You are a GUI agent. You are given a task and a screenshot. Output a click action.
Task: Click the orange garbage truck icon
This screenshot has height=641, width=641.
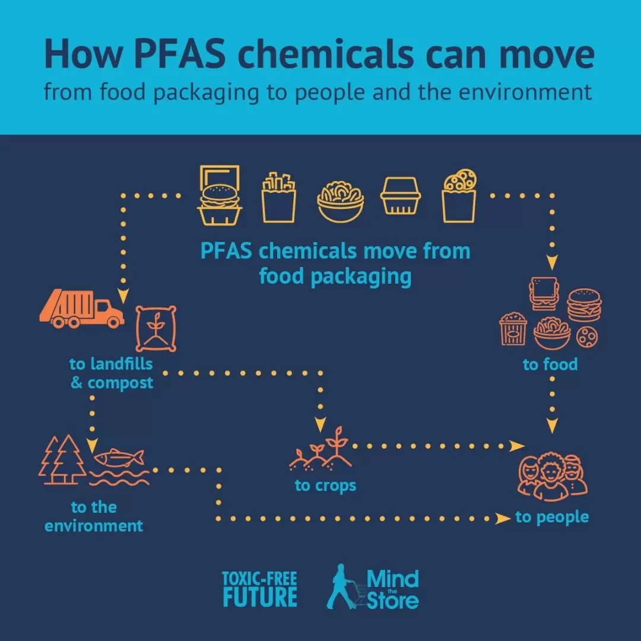click(81, 308)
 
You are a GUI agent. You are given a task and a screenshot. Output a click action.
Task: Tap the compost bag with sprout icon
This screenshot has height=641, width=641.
click(156, 328)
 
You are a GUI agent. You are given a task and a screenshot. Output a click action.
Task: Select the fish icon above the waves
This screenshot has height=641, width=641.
click(119, 458)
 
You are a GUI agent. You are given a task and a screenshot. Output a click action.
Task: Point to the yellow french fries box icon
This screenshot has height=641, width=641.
click(279, 198)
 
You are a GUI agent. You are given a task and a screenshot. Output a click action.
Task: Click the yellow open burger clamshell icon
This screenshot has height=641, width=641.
click(220, 195)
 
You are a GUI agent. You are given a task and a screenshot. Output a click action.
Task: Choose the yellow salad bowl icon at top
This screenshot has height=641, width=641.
click(340, 202)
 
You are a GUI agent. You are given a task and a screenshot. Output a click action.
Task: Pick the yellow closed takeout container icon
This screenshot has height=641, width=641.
click(401, 196)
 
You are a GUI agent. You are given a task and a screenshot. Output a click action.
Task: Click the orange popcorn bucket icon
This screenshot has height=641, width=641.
click(513, 329)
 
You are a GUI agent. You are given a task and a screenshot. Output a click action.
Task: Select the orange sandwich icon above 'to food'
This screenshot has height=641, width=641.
click(543, 293)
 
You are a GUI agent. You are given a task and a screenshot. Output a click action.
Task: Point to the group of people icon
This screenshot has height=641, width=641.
click(553, 476)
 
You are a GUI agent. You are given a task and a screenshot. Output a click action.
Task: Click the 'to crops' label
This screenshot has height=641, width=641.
click(325, 485)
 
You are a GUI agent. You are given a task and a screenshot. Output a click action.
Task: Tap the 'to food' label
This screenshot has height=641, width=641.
click(550, 364)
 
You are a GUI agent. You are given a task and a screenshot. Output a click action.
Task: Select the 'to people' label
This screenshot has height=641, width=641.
click(552, 518)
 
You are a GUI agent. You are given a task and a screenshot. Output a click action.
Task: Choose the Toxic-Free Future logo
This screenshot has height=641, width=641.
click(259, 589)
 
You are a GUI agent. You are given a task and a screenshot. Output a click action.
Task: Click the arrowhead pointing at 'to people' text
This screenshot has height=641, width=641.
click(503, 519)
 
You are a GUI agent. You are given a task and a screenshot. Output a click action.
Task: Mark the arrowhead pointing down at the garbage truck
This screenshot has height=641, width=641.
click(123, 295)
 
